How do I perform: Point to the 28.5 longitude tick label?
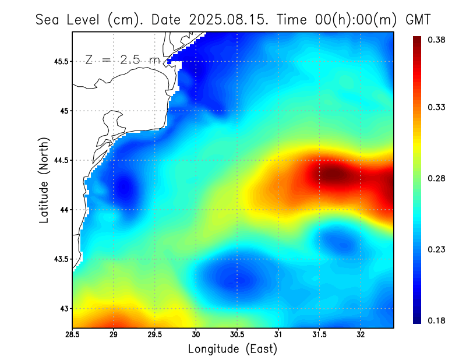(x=72, y=334)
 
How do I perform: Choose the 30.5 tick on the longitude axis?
(x=237, y=334)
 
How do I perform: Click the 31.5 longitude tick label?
(x=319, y=334)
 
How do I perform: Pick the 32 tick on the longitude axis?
(x=361, y=334)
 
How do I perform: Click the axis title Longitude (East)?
(x=232, y=349)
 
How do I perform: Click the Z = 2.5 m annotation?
(x=122, y=59)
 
